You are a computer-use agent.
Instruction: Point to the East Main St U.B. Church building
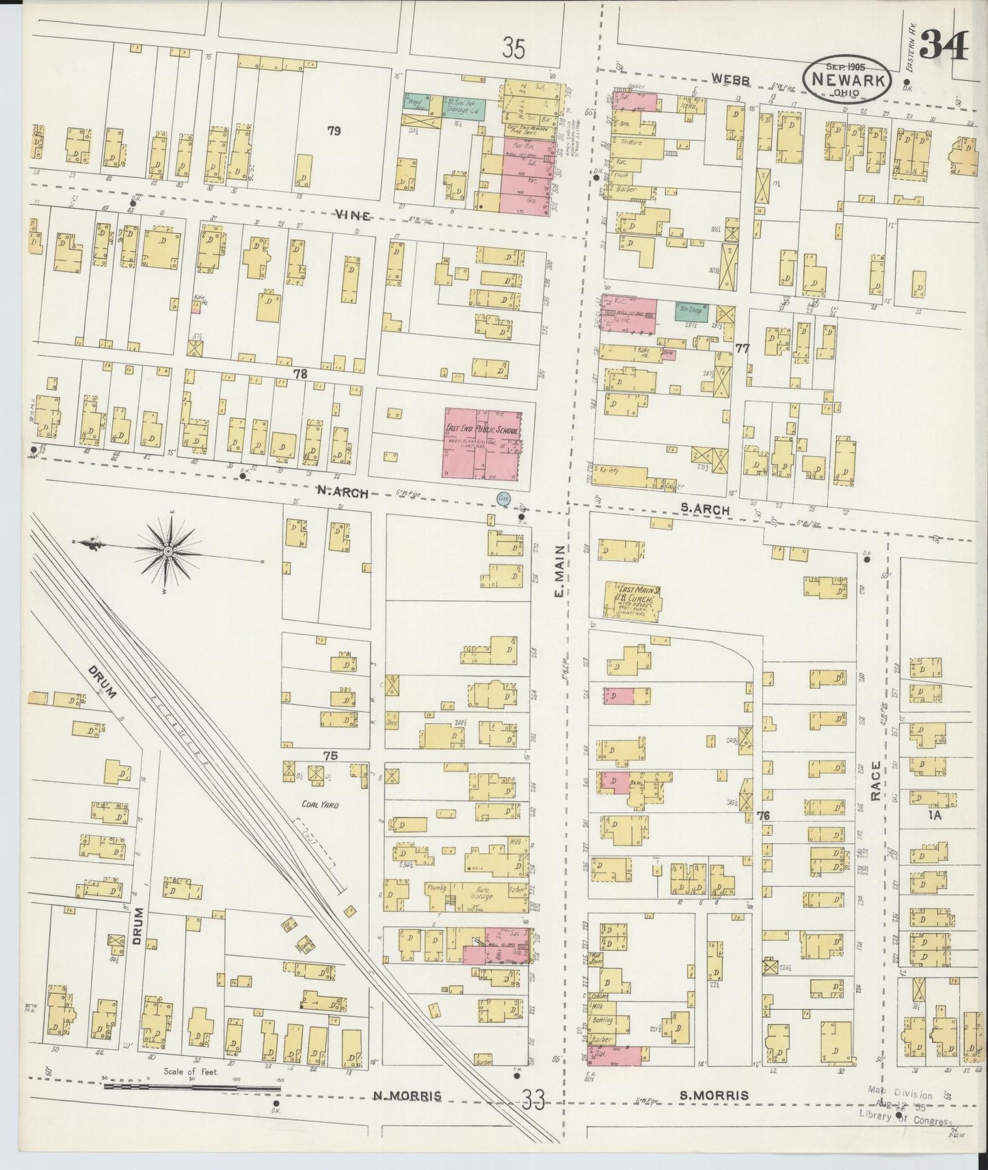click(x=633, y=601)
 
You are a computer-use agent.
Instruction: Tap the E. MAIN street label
click(x=559, y=578)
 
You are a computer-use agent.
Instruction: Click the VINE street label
click(x=353, y=216)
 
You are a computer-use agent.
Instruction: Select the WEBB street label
click(x=730, y=80)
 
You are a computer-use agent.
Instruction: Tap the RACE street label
click(x=877, y=781)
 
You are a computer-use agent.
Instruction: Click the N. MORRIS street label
click(x=407, y=1115)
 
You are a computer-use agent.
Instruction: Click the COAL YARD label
click(x=320, y=805)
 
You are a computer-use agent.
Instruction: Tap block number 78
click(x=300, y=374)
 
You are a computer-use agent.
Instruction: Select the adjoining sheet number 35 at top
click(x=513, y=49)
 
